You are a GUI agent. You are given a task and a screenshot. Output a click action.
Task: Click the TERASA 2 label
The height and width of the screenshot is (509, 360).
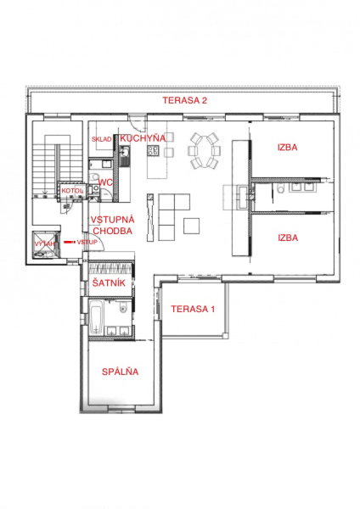coord(185,100)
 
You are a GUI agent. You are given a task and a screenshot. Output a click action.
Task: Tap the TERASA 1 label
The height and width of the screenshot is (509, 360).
coord(193,309)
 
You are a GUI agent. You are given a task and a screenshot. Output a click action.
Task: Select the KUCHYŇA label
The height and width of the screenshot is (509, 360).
coord(143,138)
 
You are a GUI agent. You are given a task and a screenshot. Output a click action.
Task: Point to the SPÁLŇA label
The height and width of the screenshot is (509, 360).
coord(121,372)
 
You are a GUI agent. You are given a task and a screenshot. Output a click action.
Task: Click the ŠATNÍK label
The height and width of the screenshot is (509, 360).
coord(109,282)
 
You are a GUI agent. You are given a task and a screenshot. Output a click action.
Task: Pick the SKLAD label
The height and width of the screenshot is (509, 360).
coord(101,139)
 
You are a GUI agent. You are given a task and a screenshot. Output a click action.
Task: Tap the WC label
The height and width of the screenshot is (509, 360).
coord(105,182)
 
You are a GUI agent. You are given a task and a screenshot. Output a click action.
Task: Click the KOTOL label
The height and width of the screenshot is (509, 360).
coord(72,191)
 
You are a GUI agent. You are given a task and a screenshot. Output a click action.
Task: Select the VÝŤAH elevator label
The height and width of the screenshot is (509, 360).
coord(45,243)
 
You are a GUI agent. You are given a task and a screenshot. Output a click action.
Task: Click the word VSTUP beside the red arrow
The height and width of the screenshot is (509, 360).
coord(87,242)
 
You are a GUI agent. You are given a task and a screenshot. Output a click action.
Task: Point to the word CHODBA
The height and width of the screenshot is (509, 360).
coord(113,231)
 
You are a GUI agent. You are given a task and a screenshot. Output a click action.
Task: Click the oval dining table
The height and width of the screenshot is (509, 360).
coord(204,151)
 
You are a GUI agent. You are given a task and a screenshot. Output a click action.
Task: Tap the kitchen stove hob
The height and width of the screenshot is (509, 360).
coord(154,149)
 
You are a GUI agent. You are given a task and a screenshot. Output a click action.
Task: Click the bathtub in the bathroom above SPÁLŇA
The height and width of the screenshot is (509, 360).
coord(96,318)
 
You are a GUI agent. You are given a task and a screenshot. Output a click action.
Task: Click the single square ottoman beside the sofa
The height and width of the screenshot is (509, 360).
coord(191,226)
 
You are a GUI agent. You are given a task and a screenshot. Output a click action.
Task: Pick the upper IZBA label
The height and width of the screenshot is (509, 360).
coord(287,148)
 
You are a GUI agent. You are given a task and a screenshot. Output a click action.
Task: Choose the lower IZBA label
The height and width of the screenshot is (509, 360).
coord(288,238)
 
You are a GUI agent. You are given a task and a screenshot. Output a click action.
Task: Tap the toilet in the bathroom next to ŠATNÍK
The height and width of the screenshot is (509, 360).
coord(123,307)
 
